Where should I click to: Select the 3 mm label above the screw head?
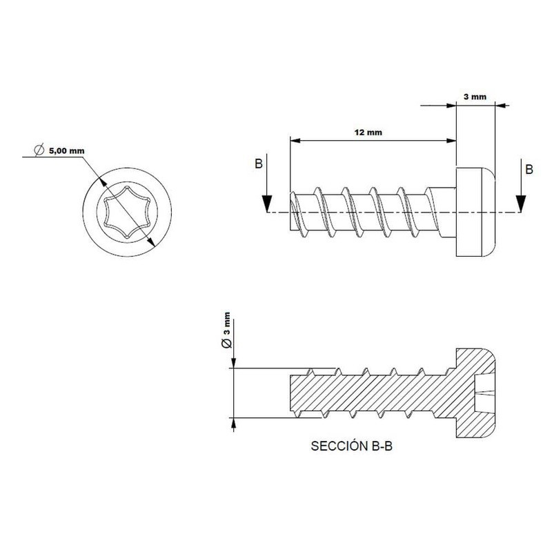tap(475, 97)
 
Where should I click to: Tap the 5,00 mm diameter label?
tap(67, 150)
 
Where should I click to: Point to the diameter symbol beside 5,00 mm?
tap(39, 150)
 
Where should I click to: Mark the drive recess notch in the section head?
tap(483, 395)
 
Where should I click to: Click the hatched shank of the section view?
tap(366, 393)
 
